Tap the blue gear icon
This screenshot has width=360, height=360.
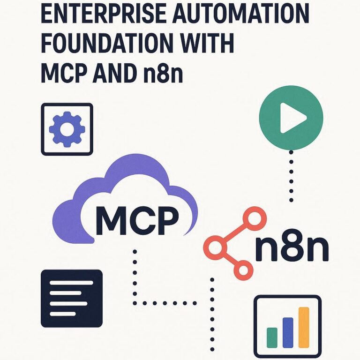pyautogui.click(x=67, y=129)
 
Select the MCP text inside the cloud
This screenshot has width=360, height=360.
pyautogui.click(x=137, y=220)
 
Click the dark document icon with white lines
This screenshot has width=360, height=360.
pyautogui.click(x=72, y=298)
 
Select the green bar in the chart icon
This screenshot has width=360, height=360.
pyautogui.click(x=272, y=337)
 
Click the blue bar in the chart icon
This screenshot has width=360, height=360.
pyautogui.click(x=288, y=332)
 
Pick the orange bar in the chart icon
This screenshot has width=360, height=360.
pyautogui.click(x=304, y=327)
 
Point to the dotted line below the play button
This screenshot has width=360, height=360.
pyautogui.click(x=291, y=176)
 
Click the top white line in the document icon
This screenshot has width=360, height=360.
pyautogui.click(x=71, y=282)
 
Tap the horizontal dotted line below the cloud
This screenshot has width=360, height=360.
pyautogui.click(x=165, y=303)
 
